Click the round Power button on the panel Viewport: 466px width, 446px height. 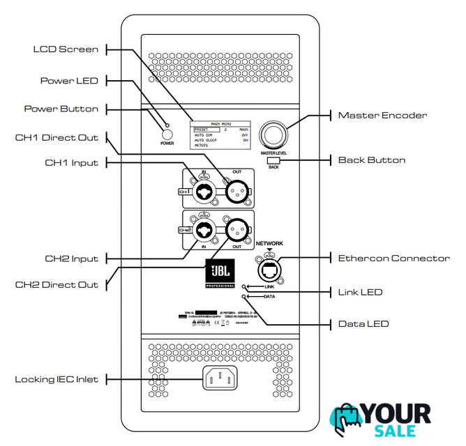tap(167, 134)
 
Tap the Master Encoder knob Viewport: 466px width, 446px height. tap(274, 134)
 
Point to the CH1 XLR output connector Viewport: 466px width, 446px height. tap(238, 189)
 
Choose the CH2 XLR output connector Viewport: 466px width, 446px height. tap(238, 229)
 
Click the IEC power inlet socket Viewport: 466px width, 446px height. tap(220, 378)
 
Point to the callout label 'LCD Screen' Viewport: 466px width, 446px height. tap(66, 49)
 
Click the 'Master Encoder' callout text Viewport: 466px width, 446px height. tap(382, 115)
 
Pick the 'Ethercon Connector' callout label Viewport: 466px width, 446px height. tap(393, 259)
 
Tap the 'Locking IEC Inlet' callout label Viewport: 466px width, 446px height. tap(57, 379)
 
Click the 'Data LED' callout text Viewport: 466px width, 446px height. tap(363, 324)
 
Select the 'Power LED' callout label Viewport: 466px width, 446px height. tap(68, 81)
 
